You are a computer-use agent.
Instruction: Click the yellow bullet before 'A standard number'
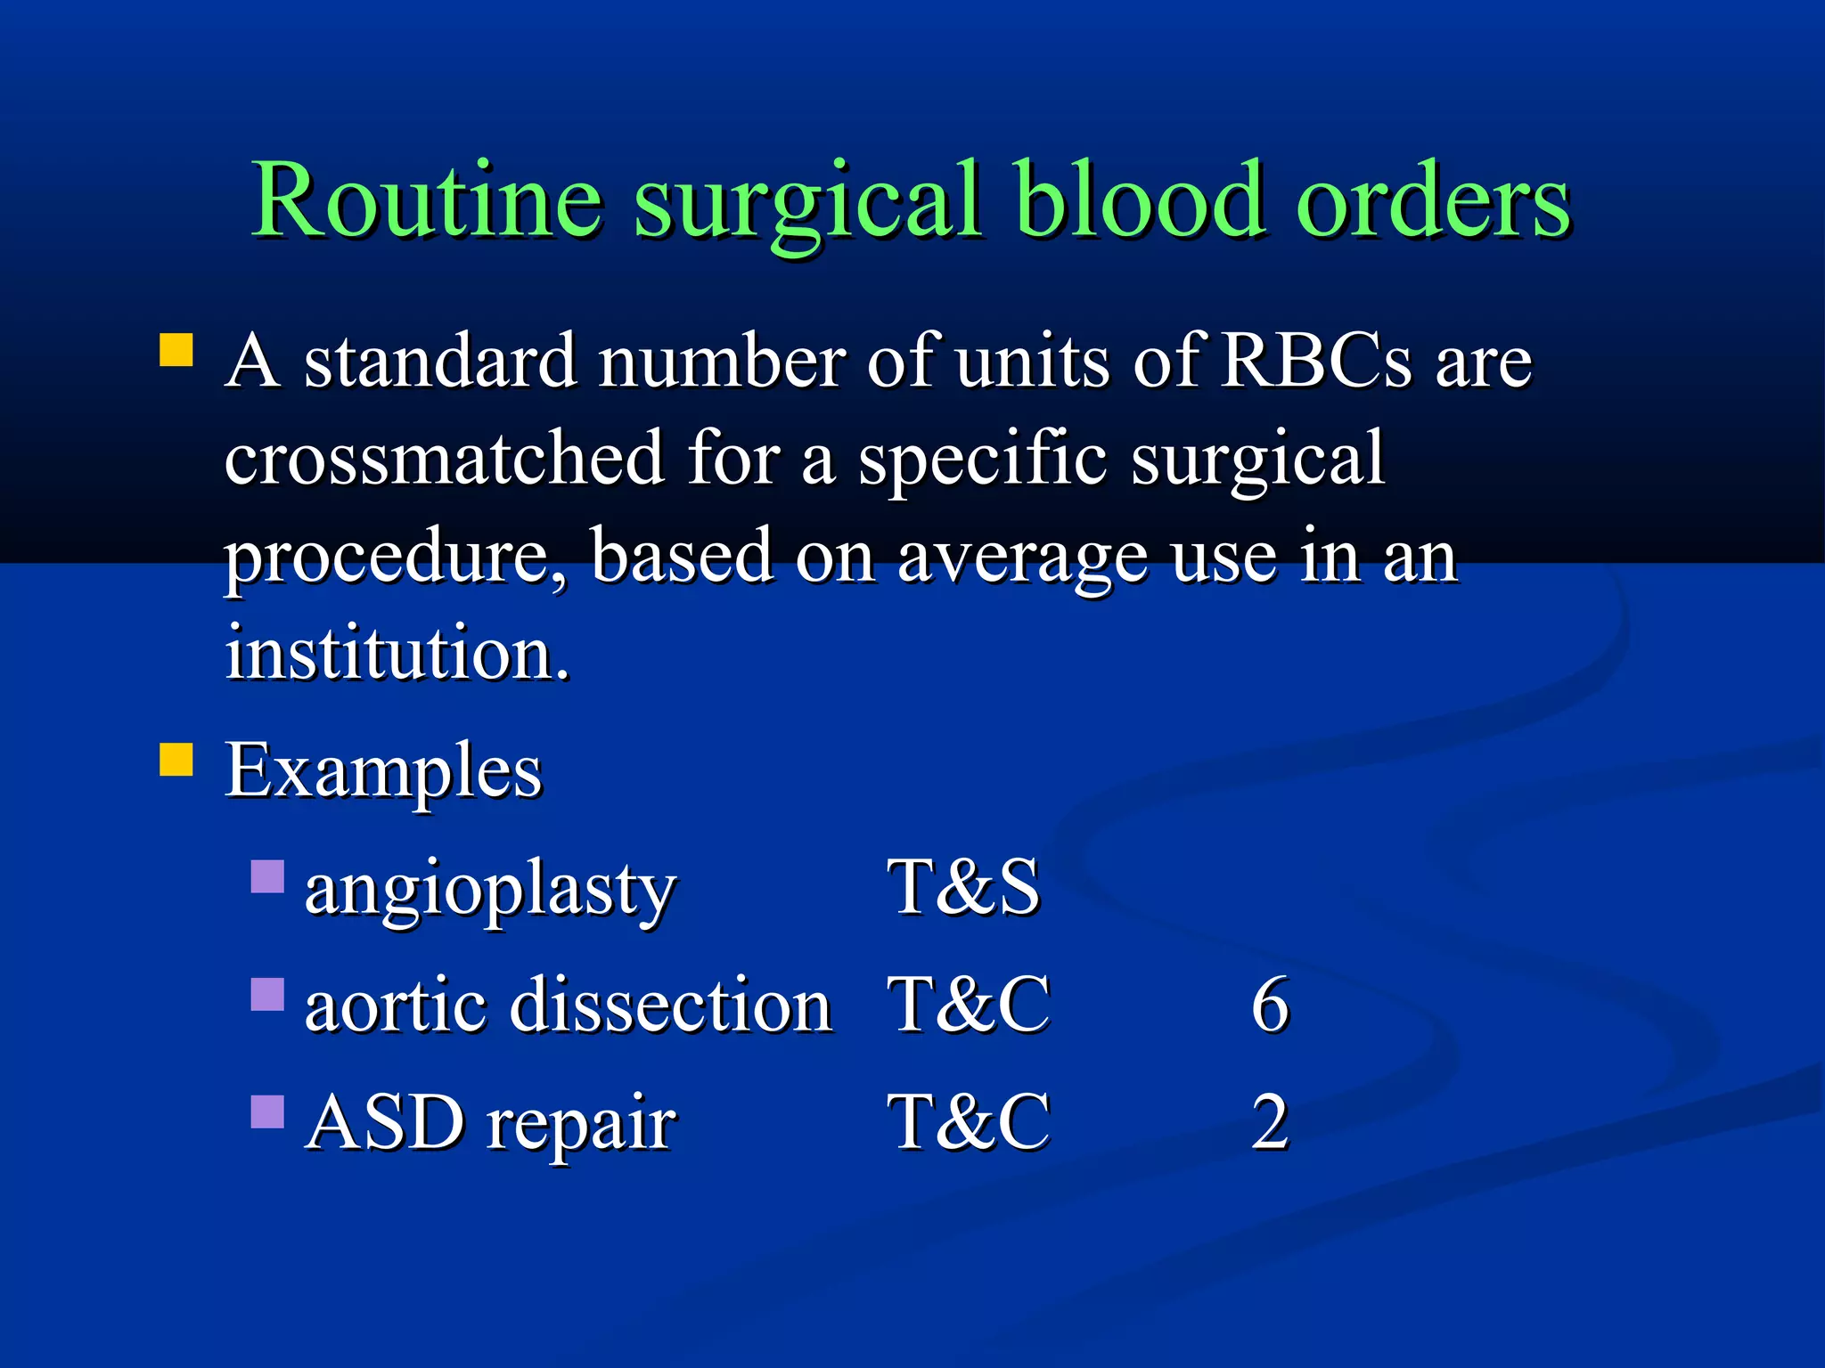[x=176, y=350]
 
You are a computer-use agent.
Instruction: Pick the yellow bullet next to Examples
[x=176, y=760]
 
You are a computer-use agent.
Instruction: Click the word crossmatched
[x=444, y=459]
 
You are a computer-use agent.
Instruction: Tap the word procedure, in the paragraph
[x=394, y=557]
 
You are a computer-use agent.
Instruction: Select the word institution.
[x=397, y=653]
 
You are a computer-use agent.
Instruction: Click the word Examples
[x=383, y=771]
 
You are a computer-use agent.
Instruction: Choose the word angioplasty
[x=490, y=889]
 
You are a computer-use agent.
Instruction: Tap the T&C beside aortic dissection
[x=970, y=1005]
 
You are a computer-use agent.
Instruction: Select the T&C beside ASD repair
[x=970, y=1122]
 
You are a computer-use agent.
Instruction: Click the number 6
[x=1270, y=1005]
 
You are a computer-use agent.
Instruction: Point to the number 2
[x=1270, y=1122]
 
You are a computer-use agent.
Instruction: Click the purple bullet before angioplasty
[x=267, y=876]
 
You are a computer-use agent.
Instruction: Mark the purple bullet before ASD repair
[x=267, y=1111]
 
